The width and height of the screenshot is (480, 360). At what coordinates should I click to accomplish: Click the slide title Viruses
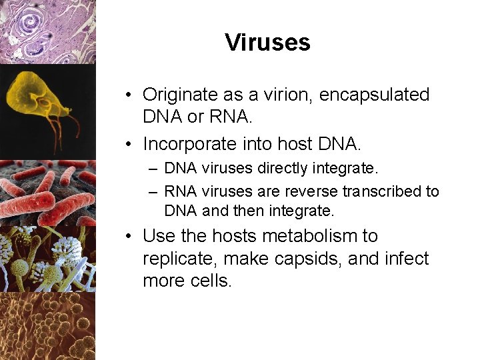267,43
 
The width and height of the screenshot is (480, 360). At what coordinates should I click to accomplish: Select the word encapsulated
375,95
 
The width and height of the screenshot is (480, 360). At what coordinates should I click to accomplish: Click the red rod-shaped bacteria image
47,193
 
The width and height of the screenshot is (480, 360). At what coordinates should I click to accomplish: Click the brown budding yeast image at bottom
47,327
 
